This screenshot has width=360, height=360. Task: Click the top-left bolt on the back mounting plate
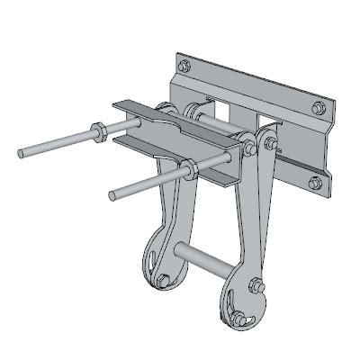tap(184, 65)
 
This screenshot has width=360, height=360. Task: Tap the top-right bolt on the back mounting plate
tap(317, 108)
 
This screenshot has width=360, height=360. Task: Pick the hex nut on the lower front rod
tap(191, 169)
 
